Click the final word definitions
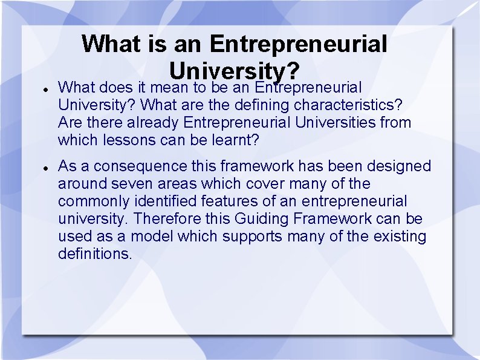94,254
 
